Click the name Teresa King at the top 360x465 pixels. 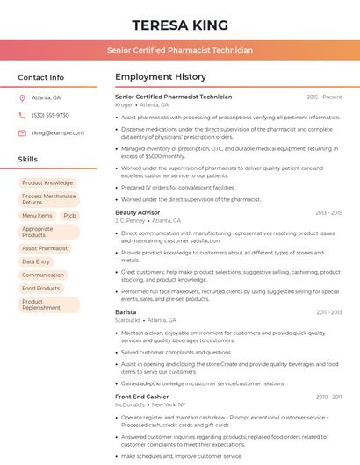(180, 25)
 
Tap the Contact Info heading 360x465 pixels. (40, 77)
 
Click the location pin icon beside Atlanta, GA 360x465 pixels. (22, 97)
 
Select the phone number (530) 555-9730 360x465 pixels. (50, 115)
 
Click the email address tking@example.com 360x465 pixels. (58, 132)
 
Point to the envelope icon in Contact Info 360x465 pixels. (22, 132)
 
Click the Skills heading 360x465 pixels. (28, 160)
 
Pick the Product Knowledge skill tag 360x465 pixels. (47, 183)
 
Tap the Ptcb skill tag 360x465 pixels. (70, 216)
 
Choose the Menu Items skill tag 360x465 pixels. (37, 216)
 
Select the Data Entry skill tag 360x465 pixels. (36, 261)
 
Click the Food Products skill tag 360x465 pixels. (41, 288)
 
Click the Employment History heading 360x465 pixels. (161, 77)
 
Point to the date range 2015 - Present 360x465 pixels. (324, 97)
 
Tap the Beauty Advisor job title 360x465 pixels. (138, 212)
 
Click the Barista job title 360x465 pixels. (126, 311)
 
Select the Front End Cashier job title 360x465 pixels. (141, 397)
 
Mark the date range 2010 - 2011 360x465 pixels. (329, 397)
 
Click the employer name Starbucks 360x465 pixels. (128, 320)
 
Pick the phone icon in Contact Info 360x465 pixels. (22, 115)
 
